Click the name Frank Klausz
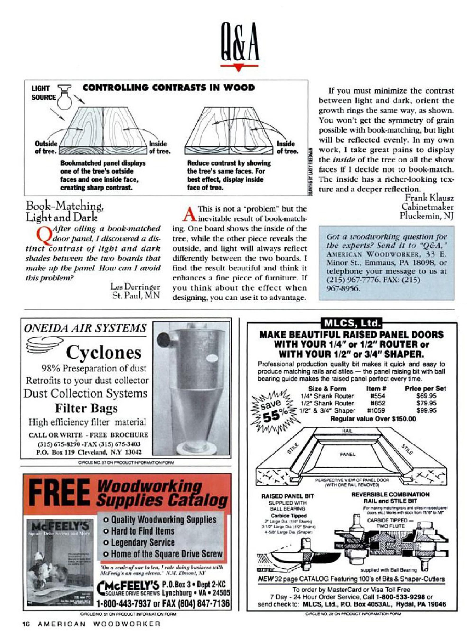429,197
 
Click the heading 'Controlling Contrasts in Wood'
168,88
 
